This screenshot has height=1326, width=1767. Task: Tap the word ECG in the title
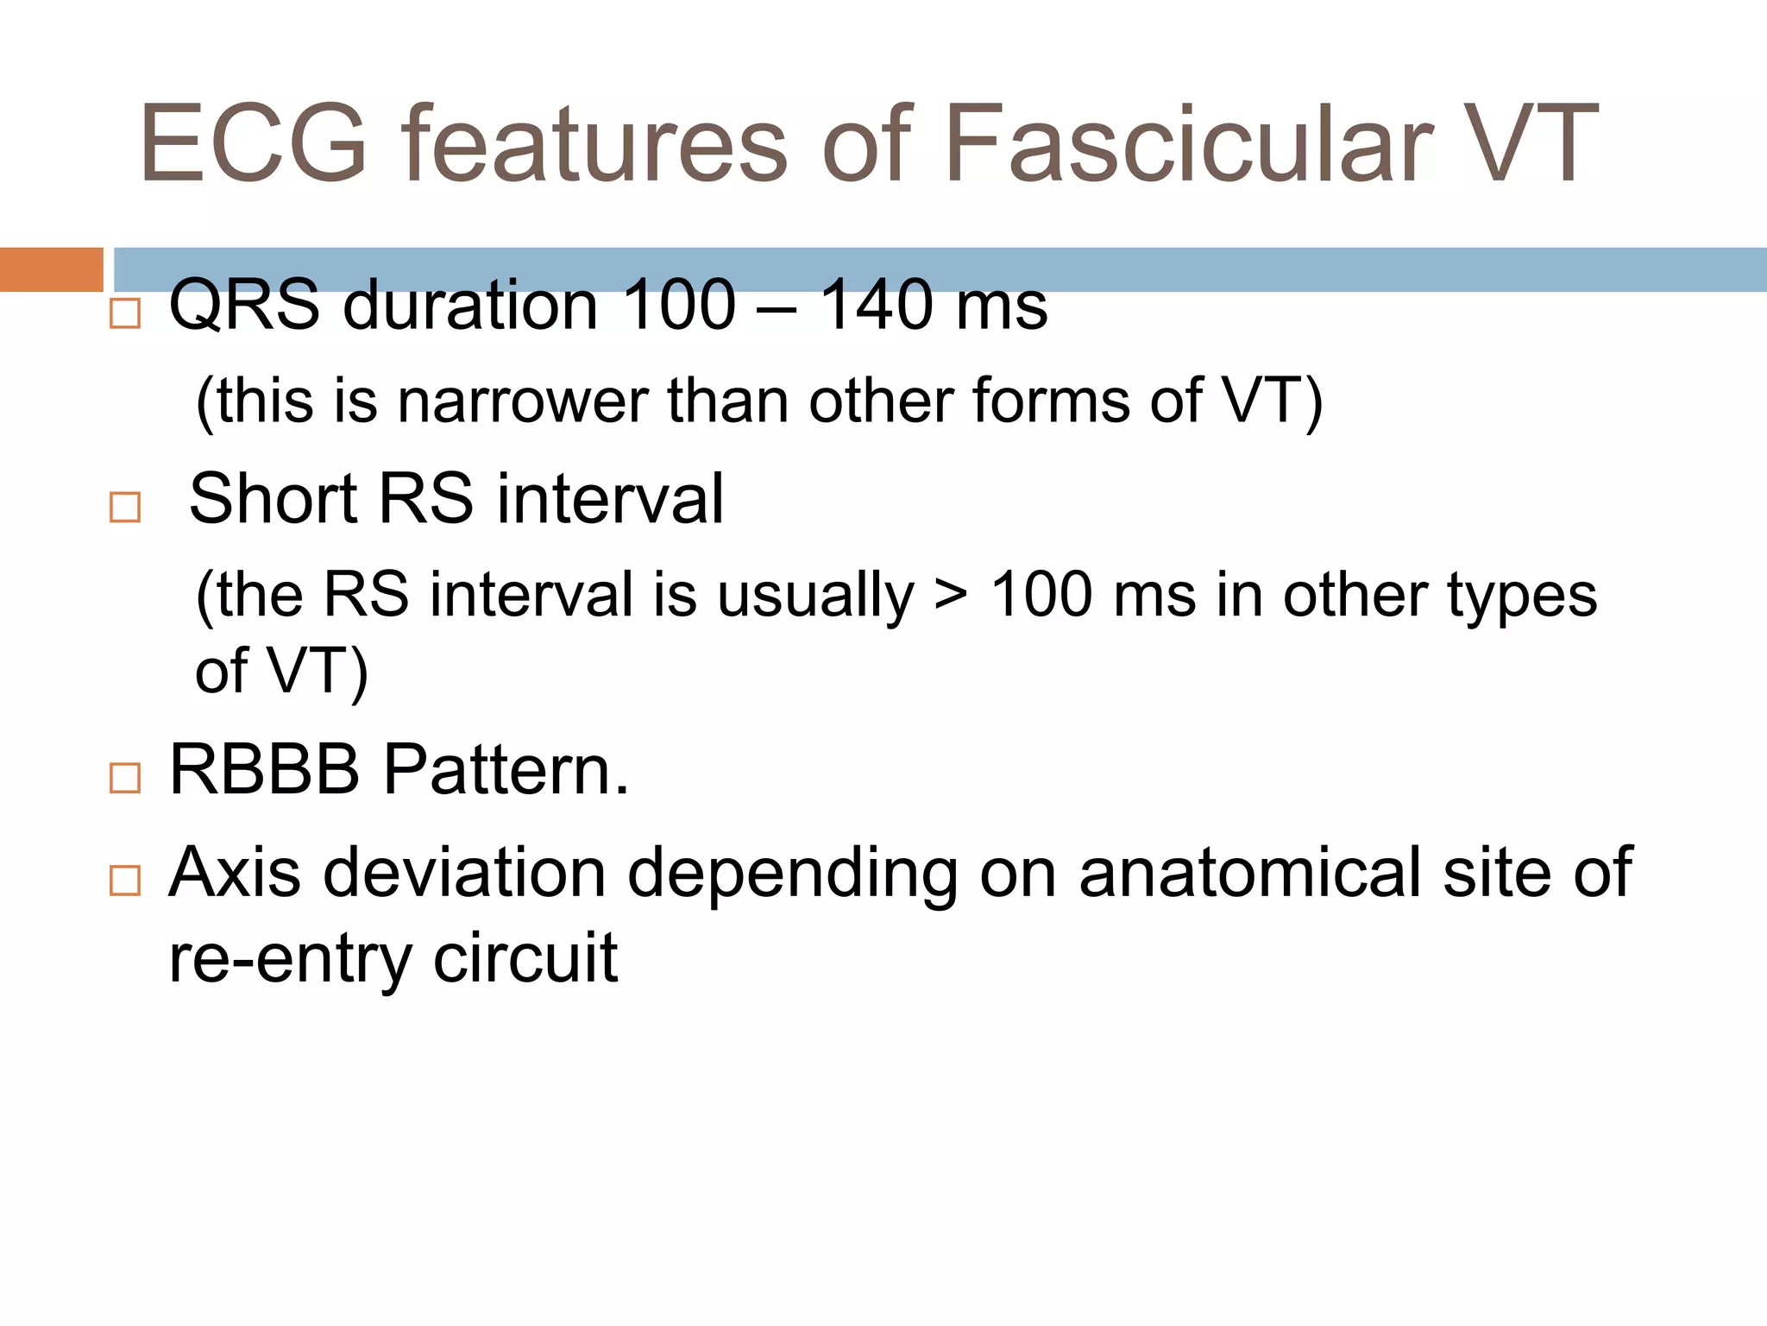coord(255,144)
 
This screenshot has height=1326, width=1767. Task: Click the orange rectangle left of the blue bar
coord(51,269)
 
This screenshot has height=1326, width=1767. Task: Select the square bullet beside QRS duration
coord(125,313)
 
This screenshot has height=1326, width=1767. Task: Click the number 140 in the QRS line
coord(876,306)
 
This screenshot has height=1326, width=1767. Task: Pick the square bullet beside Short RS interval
coord(125,507)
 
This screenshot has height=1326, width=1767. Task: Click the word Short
coord(273,499)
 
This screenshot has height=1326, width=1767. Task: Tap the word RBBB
coord(264,769)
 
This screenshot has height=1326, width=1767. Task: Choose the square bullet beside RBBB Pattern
coord(125,778)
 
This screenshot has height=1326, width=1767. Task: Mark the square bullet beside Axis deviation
coord(125,881)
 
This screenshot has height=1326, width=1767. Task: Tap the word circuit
coord(525,957)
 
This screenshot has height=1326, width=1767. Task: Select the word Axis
coord(235,873)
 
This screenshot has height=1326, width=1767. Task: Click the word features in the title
coord(594,144)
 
